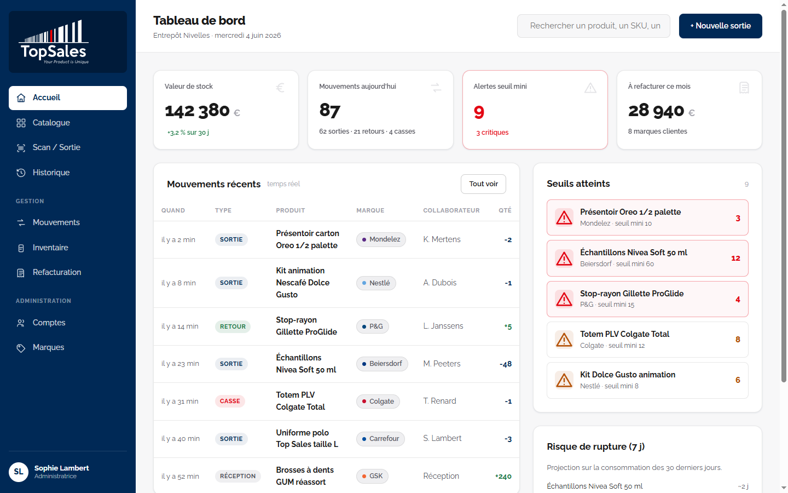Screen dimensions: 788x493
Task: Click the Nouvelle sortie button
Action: tap(720, 26)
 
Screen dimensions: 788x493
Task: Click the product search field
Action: tap(593, 26)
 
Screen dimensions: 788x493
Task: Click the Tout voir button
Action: tap(483, 184)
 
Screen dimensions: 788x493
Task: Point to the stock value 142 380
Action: tap(197, 111)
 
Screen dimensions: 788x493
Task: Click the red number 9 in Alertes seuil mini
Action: tap(479, 112)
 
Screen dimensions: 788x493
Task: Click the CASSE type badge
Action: tap(230, 401)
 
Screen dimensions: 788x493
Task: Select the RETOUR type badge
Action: tap(233, 326)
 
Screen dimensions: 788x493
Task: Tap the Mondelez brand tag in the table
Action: tap(381, 239)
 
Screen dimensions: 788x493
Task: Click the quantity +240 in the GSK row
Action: tap(503, 477)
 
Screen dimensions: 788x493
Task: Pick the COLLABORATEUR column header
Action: tap(451, 210)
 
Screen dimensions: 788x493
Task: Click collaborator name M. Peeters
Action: tap(442, 363)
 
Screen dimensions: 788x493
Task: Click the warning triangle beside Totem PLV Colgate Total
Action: tap(564, 340)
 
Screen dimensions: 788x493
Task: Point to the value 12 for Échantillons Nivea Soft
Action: tap(735, 258)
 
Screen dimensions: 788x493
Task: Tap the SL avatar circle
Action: tap(19, 472)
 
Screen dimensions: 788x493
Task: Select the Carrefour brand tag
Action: tap(380, 439)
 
